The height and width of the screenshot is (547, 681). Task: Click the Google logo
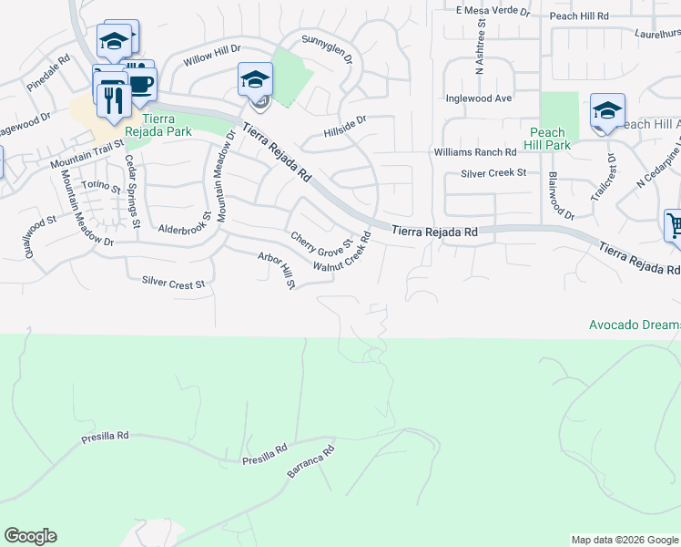[x=30, y=536]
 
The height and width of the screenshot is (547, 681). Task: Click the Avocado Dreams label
[x=635, y=325]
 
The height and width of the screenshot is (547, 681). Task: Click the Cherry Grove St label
[x=320, y=243]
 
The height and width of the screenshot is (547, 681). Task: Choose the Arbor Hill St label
[x=276, y=272]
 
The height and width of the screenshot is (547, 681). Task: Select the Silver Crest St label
[x=175, y=284]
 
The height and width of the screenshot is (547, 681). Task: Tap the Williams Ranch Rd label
[x=469, y=151]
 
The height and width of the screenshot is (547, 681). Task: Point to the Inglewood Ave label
[x=479, y=98]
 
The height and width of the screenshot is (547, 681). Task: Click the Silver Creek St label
[x=493, y=172]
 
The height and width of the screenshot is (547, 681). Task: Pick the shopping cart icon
[x=674, y=226]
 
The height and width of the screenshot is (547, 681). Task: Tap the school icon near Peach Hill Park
[x=607, y=112]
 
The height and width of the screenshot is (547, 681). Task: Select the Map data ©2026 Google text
[x=625, y=540]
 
